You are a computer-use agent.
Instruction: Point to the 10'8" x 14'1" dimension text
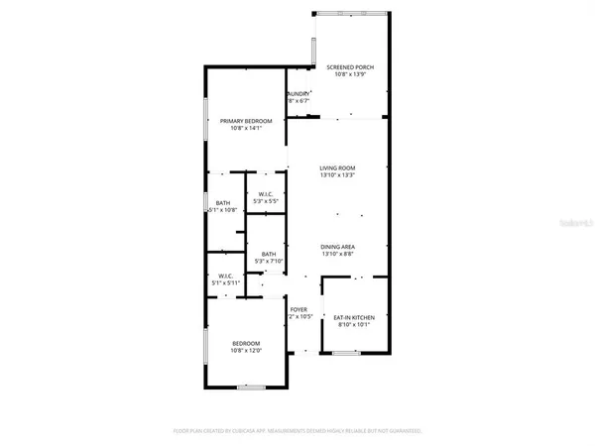click(x=239, y=129)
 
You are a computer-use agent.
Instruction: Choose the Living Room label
click(x=338, y=168)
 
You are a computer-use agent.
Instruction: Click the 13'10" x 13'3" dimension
click(x=338, y=176)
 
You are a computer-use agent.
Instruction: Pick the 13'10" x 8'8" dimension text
click(x=338, y=255)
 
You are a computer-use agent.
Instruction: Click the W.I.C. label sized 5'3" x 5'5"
click(x=266, y=193)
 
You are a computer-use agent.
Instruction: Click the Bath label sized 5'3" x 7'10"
click(x=269, y=255)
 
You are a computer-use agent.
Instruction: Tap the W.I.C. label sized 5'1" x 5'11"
click(x=225, y=277)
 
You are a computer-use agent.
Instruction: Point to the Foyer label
click(x=297, y=309)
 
